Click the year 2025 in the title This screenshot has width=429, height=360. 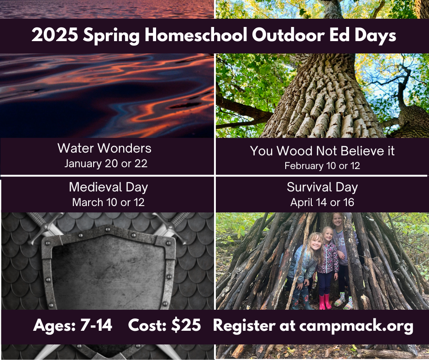click(55, 35)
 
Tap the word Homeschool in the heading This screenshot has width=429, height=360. click(196, 35)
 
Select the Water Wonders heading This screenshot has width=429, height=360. click(104, 148)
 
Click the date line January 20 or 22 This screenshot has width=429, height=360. click(106, 164)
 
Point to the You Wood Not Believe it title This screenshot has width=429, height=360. click(322, 151)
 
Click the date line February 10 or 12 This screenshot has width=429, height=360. click(322, 166)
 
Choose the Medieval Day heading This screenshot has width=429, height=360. click(108, 187)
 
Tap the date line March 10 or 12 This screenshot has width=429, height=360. click(108, 202)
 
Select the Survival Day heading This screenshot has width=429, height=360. click(322, 187)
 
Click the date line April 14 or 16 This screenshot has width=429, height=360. click(322, 202)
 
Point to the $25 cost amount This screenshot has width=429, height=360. click(186, 325)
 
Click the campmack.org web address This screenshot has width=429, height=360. click(356, 326)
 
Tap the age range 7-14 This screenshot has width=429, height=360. click(96, 325)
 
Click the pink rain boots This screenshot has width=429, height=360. click(325, 302)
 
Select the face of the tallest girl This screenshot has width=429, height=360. click(338, 220)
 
